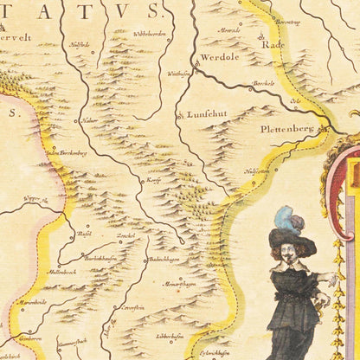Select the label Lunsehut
204,113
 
